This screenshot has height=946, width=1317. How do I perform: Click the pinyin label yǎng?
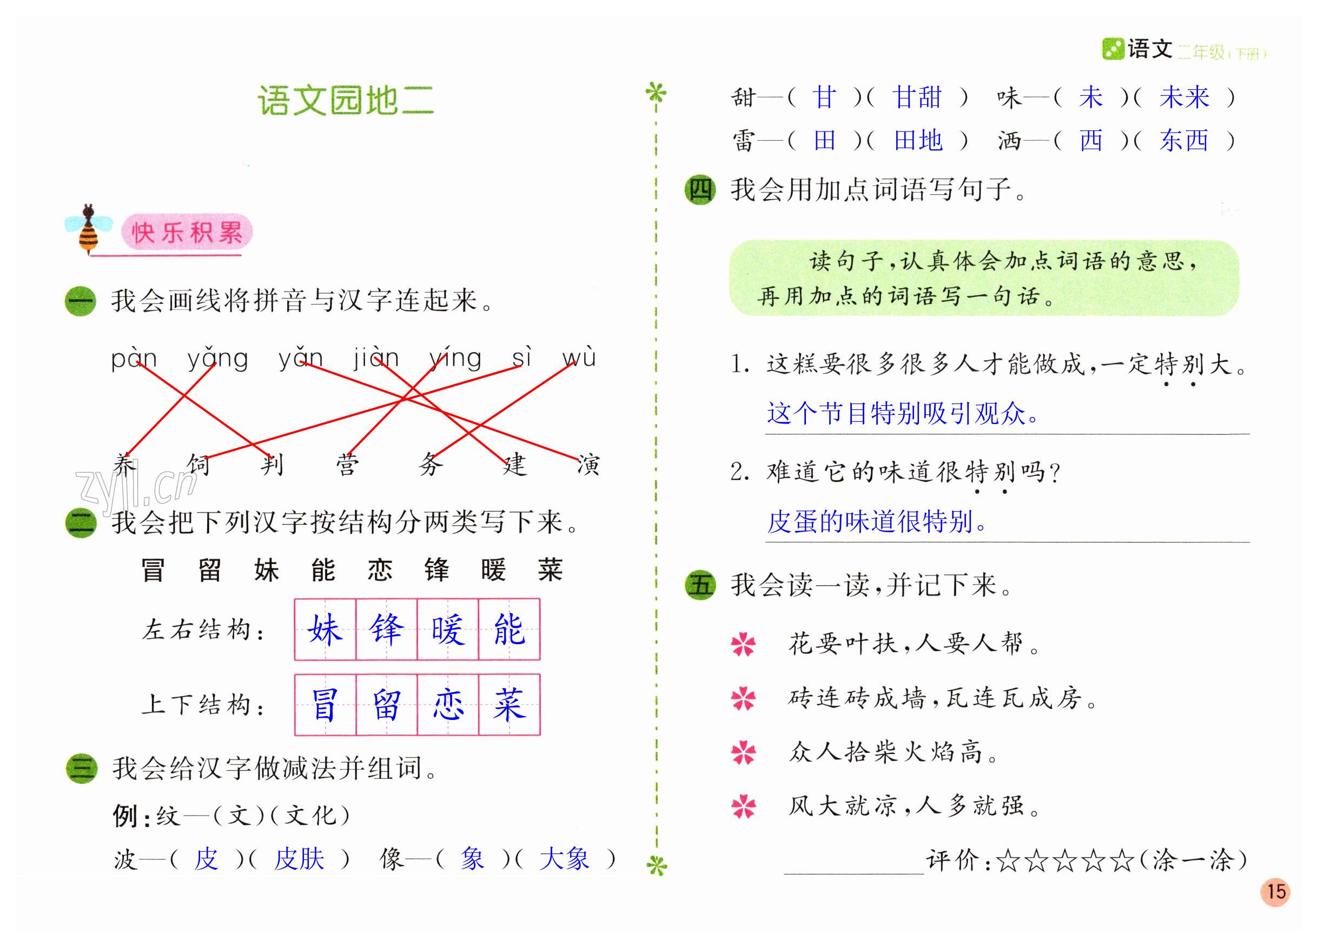point(218,358)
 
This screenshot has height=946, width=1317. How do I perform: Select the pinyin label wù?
point(579,356)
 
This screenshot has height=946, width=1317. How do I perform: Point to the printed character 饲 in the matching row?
point(198,465)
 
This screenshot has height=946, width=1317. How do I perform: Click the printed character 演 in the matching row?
point(588,465)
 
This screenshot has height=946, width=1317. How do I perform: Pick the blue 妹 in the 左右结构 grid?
point(325,630)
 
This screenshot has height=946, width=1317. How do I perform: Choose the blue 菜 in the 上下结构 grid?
point(509,704)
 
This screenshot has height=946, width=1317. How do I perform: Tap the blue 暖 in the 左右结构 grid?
point(448,630)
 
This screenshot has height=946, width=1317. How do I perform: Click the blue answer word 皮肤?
point(299,859)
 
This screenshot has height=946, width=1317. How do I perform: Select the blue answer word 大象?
point(564,859)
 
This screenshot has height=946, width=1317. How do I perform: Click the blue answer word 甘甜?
point(917,97)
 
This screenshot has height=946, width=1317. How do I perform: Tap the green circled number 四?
point(700,189)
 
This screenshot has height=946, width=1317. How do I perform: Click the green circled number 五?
point(700,585)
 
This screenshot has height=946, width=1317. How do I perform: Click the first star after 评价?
point(1008,861)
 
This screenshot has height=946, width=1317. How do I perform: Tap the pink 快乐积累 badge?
point(187,232)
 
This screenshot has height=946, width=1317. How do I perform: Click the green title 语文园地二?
point(346,101)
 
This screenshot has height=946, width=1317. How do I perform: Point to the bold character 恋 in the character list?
point(380,570)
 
